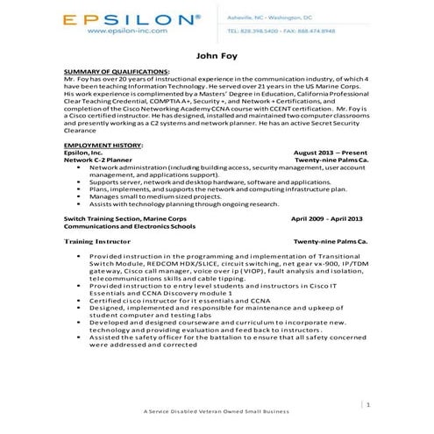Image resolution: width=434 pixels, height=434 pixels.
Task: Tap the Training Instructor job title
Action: pos(97,239)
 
